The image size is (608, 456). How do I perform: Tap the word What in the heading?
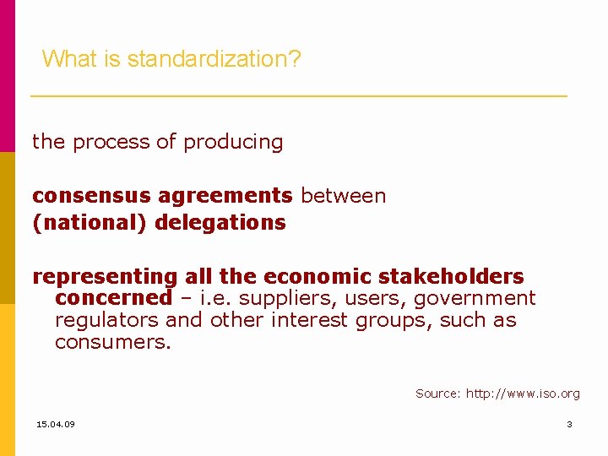tap(63, 59)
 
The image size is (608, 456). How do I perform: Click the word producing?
tap(233, 142)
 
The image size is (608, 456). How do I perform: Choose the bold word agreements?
tap(225, 196)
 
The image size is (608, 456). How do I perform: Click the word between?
tap(343, 196)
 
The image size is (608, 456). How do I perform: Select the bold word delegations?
tap(220, 223)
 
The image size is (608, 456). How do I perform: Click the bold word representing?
tap(105, 277)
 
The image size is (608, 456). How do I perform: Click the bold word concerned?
tap(113, 298)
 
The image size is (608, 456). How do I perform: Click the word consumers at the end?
tap(112, 342)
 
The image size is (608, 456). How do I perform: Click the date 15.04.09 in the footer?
tap(56, 424)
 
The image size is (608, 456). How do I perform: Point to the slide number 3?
tap(569, 424)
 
